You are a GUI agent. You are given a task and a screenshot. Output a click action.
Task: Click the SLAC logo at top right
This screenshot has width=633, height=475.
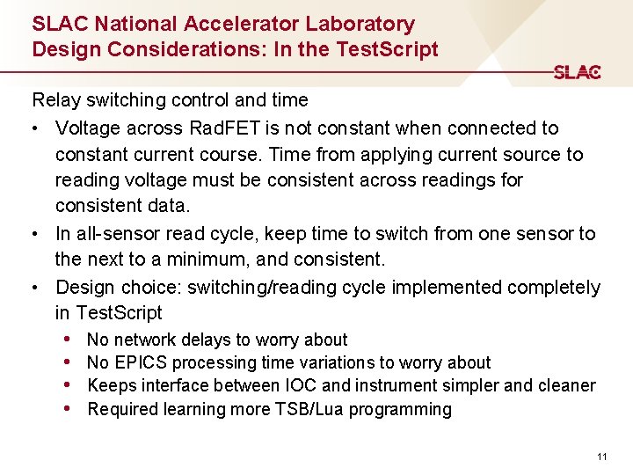pyautogui.click(x=577, y=72)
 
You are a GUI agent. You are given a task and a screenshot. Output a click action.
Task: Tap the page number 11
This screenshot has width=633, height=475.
pyautogui.click(x=601, y=456)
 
